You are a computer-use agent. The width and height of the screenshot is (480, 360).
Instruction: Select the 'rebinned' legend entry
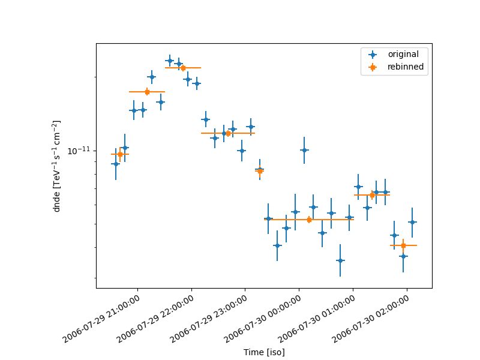(x=405, y=67)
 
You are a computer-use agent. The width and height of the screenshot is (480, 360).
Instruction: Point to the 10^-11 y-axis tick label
(x=78, y=150)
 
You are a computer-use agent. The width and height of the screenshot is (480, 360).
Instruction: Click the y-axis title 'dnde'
(x=57, y=166)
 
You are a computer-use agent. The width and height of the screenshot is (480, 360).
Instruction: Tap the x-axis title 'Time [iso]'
(x=264, y=352)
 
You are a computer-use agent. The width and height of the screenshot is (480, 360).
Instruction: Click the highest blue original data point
(x=170, y=61)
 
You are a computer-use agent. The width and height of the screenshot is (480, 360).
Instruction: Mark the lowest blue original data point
(x=340, y=260)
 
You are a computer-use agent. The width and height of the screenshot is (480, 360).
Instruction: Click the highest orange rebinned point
(x=183, y=68)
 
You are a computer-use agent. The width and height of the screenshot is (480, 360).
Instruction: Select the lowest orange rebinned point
(x=403, y=245)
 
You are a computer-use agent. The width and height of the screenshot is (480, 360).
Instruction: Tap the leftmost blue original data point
(x=116, y=164)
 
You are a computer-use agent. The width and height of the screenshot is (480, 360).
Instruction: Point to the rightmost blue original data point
(x=412, y=222)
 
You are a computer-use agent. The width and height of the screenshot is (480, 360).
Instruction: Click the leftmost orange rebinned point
(x=120, y=154)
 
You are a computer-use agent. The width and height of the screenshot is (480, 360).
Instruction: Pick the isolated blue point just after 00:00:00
(x=304, y=150)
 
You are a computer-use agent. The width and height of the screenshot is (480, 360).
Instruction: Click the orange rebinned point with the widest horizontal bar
(x=309, y=220)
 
